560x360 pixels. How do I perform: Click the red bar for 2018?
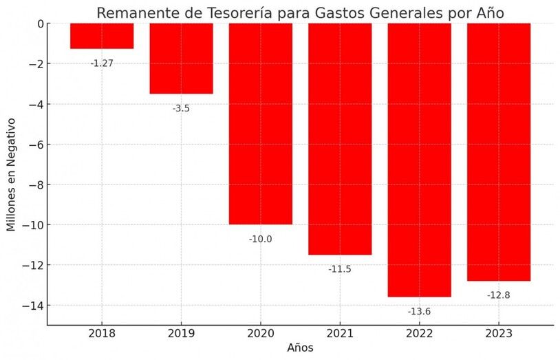coord(102,36)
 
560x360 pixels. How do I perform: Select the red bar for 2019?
coord(181,59)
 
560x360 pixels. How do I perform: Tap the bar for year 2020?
coord(260,124)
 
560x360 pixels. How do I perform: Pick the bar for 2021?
coord(340,139)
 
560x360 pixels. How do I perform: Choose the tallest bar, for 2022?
coord(419,160)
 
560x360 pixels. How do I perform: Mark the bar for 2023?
coord(499,152)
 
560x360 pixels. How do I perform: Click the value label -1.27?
coord(102,63)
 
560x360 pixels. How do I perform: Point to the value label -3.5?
coord(181,108)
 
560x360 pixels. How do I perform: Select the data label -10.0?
coord(260,239)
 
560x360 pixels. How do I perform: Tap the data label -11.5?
coord(340,269)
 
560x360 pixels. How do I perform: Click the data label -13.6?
coord(419,311)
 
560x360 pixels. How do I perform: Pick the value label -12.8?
coord(499,295)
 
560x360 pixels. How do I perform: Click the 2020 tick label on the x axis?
coord(260,334)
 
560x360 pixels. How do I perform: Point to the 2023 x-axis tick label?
coord(499,334)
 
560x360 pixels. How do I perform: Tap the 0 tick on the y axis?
coord(40,23)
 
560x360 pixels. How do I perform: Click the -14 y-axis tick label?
coord(34,306)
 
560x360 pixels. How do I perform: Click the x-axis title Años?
coord(300,348)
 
